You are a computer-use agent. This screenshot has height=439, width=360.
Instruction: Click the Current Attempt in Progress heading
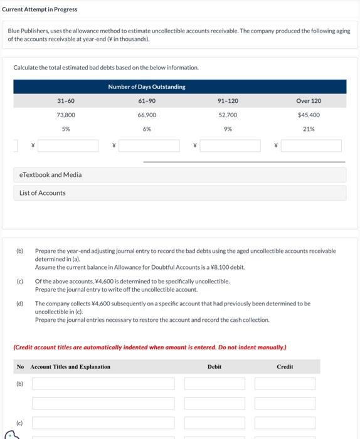[40, 9]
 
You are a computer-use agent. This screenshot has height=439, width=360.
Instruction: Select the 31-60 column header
[66, 101]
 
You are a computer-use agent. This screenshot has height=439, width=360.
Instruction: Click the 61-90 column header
[147, 101]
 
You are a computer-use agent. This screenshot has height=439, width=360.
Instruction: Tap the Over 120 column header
[309, 101]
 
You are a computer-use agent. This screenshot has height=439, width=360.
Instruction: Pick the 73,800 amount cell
[66, 115]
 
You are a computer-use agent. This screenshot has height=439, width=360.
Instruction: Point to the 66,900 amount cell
[147, 115]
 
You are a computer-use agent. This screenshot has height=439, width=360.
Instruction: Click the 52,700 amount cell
[228, 115]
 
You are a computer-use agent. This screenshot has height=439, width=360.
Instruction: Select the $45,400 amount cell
[309, 115]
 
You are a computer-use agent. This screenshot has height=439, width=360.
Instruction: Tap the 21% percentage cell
[309, 129]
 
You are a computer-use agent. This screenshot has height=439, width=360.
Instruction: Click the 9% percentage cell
[228, 129]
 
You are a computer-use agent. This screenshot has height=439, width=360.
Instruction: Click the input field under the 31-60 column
[68, 146]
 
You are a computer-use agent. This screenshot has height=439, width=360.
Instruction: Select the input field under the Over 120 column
[311, 146]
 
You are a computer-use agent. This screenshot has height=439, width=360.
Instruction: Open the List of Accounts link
[43, 193]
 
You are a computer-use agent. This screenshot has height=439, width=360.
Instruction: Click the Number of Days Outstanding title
[147, 87]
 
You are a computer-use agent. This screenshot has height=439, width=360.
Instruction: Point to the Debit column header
[214, 367]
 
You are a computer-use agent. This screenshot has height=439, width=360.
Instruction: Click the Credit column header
[285, 367]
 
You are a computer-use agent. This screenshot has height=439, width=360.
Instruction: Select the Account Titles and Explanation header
[70, 367]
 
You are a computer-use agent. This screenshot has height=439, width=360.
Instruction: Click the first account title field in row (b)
[103, 384]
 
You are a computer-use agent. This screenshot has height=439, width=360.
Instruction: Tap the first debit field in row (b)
[214, 384]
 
